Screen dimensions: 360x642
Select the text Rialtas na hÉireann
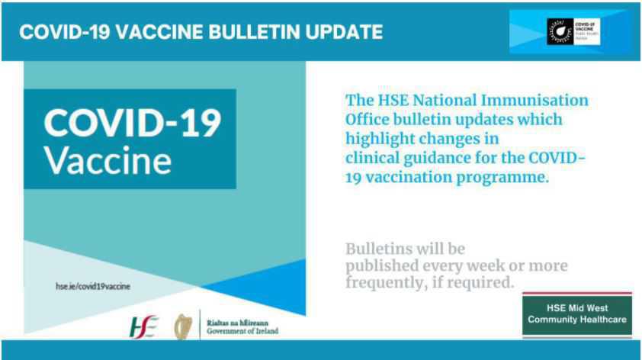point(233,321)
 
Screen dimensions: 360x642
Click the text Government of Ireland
point(237,331)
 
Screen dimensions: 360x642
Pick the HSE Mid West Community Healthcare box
point(579,313)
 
